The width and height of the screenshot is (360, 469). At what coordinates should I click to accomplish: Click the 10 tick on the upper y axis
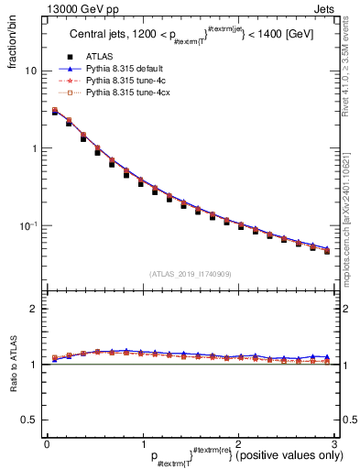[31, 71]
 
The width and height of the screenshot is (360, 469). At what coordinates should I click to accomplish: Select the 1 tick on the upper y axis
[33, 148]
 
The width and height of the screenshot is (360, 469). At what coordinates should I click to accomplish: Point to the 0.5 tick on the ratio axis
[29, 420]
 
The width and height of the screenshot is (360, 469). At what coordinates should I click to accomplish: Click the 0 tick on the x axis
[47, 443]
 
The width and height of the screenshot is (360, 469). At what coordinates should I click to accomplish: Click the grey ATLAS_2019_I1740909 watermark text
[190, 274]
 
